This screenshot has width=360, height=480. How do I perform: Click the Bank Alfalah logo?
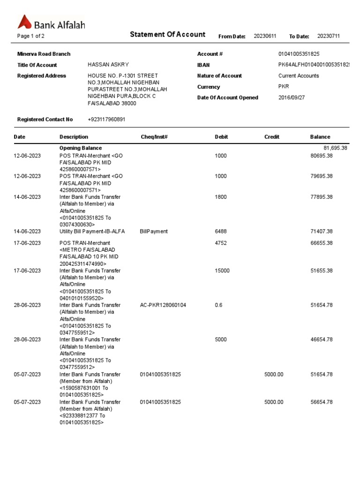[x=51, y=22]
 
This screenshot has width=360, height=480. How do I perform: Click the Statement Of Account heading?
[x=167, y=34]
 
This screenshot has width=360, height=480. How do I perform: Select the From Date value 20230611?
[x=265, y=36]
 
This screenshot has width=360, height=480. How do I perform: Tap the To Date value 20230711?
[x=329, y=36]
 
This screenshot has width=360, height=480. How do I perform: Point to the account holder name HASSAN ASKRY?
[x=108, y=65]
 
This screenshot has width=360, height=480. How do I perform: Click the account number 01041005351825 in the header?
[x=299, y=54]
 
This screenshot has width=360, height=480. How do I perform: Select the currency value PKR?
[x=284, y=87]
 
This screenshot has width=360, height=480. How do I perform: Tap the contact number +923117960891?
[x=106, y=120]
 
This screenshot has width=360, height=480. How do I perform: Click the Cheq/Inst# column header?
[x=154, y=137]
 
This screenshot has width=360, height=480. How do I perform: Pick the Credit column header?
[x=272, y=137]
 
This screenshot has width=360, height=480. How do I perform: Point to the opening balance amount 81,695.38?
[x=331, y=148]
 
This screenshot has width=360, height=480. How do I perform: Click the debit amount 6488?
[x=221, y=232]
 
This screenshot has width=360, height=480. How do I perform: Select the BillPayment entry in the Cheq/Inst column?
[x=154, y=232]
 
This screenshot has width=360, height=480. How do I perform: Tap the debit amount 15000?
[x=222, y=271]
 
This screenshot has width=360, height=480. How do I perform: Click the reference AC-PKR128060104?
[x=163, y=305]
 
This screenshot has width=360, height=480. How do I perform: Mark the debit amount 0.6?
[x=218, y=305]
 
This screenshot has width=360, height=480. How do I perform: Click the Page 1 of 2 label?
[x=31, y=36]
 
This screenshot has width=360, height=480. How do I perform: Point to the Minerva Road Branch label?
[x=44, y=54]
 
